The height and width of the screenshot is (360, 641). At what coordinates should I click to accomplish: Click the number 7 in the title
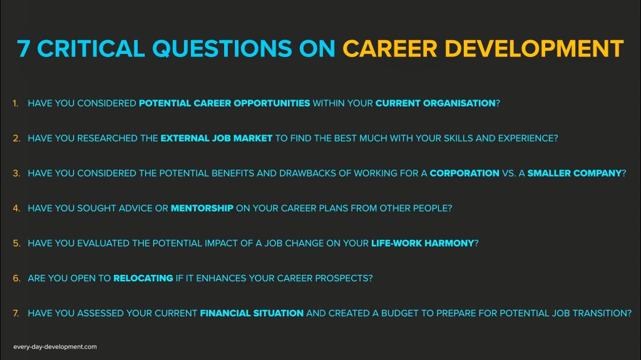(24, 49)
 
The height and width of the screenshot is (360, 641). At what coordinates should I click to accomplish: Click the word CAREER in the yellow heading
(390, 49)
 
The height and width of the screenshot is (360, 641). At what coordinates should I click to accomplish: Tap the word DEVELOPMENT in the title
(534, 49)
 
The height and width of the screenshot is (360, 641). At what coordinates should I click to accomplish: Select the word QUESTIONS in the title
(222, 49)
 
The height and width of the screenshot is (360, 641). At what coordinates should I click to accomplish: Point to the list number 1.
(16, 103)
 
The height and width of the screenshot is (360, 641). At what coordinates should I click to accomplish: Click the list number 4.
(16, 208)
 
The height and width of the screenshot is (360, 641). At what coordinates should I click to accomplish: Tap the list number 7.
(16, 314)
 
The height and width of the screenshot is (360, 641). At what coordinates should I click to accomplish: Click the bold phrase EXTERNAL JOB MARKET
(216, 138)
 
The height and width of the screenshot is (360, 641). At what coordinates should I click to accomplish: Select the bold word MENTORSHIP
(202, 208)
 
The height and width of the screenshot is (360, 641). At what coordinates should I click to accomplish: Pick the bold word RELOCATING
(143, 278)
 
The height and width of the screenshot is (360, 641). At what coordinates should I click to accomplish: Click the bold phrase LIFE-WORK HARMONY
(423, 244)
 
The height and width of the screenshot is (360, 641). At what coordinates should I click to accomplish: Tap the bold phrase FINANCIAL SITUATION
(252, 314)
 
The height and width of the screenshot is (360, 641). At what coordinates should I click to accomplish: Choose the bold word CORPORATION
(464, 173)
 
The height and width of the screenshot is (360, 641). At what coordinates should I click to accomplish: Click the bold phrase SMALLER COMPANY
(575, 173)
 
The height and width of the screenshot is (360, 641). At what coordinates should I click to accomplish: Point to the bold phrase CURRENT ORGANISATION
(436, 103)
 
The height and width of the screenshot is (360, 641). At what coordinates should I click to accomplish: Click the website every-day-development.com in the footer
(55, 347)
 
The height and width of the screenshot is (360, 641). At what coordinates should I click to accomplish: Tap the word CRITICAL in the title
(91, 49)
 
